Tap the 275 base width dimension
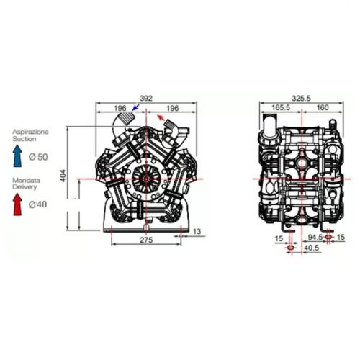[x=146, y=240]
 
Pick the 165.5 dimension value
[x=280, y=107]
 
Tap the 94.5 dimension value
[x=315, y=237]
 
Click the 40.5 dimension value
[x=311, y=249]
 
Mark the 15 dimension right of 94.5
[x=341, y=237]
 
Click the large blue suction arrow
[x=18, y=153]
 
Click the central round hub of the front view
[x=147, y=178]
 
